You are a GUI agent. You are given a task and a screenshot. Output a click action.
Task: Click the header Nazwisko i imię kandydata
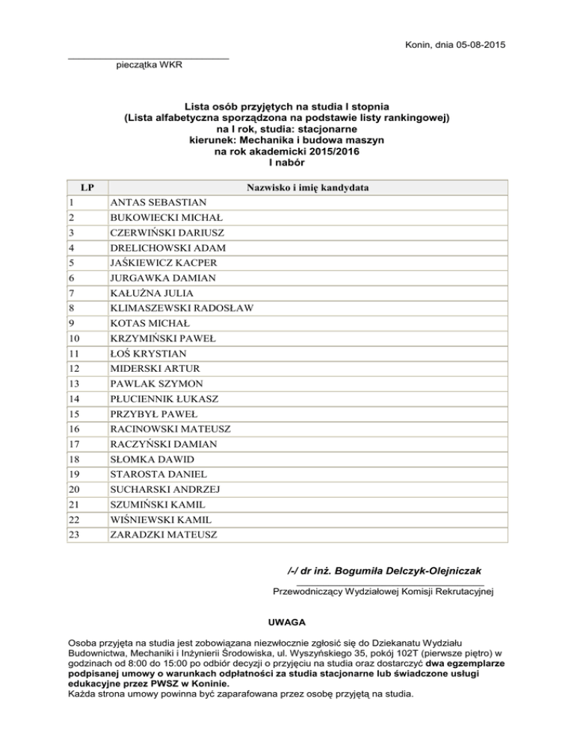(308, 187)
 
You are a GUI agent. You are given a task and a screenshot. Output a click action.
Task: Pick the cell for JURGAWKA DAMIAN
(162, 278)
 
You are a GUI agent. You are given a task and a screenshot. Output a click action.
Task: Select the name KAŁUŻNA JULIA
(150, 293)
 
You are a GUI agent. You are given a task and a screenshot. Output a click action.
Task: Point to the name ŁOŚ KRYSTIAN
(149, 353)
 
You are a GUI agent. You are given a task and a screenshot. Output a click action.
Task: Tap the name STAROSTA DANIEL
(158, 474)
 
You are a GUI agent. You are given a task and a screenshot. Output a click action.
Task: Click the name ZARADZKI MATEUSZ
(164, 534)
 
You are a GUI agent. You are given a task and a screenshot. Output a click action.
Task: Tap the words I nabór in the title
(286, 162)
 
